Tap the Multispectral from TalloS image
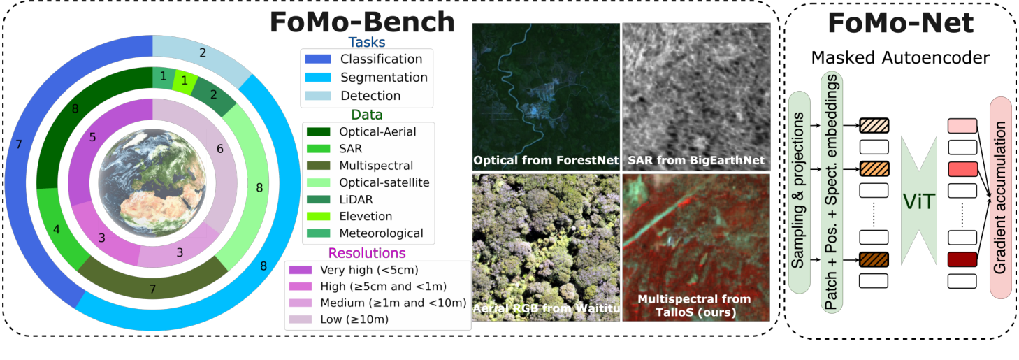point(696,247)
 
